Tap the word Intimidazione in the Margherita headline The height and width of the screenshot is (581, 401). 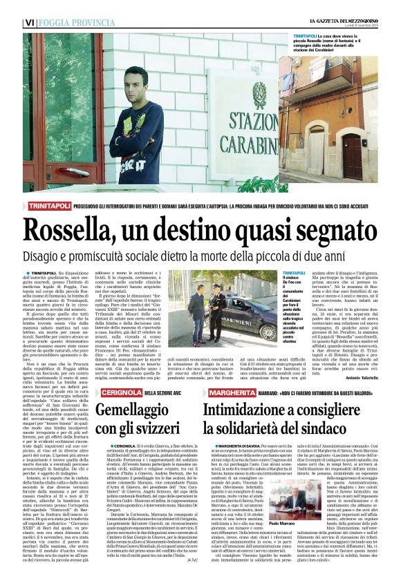tap(258, 393)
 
